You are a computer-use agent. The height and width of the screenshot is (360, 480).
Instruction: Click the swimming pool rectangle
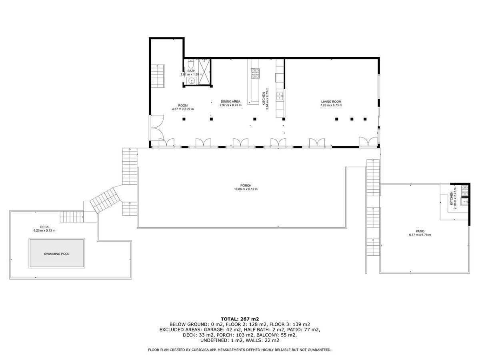tap(56, 254)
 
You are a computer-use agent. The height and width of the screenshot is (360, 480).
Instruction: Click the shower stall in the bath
tap(204, 72)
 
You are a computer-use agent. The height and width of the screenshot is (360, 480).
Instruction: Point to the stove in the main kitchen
tap(255, 73)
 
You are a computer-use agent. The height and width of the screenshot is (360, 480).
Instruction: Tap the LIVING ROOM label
tap(331, 102)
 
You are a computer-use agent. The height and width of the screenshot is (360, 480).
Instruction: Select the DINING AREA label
tap(231, 102)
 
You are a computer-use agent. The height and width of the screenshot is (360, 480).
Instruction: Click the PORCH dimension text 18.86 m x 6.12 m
tap(246, 189)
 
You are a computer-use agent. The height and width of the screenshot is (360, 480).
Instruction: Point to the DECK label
tap(44, 226)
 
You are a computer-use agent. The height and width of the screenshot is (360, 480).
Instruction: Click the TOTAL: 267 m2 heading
tap(240, 319)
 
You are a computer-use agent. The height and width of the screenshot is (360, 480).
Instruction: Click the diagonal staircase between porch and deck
tap(105, 200)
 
